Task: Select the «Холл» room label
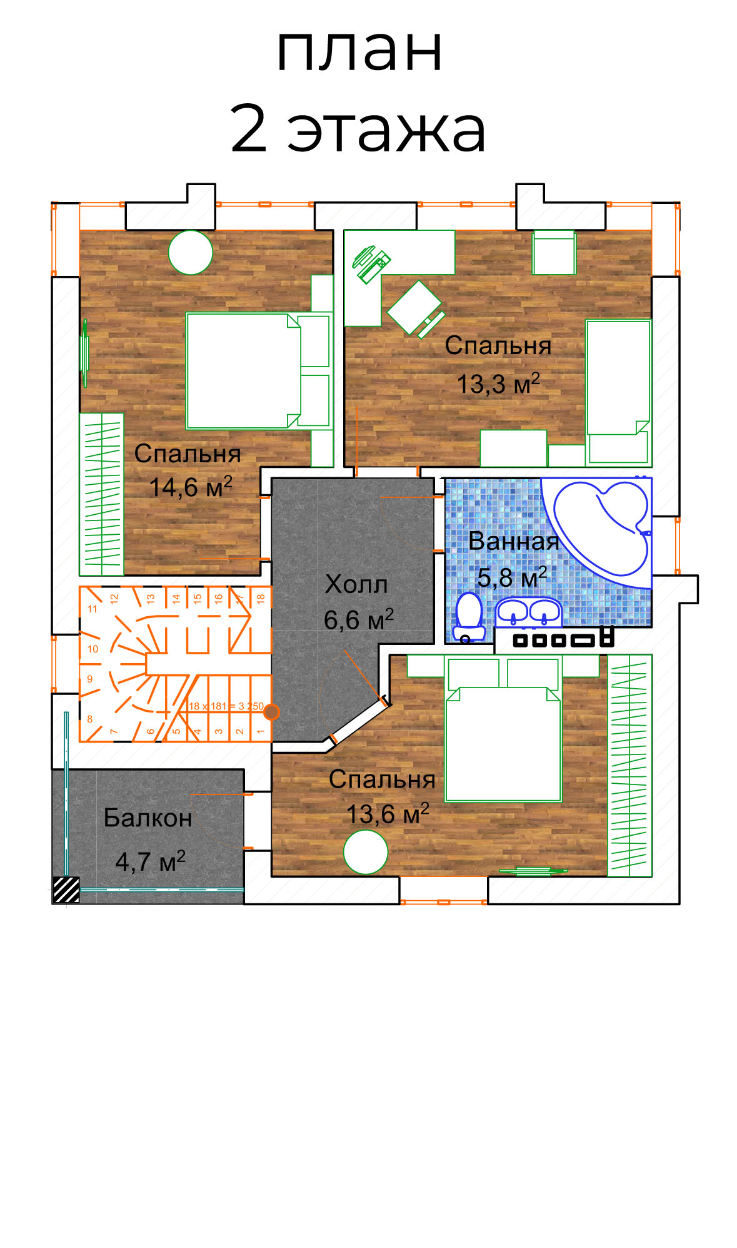(356, 584)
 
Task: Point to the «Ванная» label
(514, 541)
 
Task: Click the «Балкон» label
(148, 818)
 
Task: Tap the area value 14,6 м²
(191, 487)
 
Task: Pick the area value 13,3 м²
(498, 383)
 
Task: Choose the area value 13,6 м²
(388, 813)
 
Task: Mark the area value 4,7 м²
(150, 861)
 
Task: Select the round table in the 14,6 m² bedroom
(191, 252)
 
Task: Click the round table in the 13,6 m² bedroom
(366, 851)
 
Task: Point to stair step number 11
(93, 609)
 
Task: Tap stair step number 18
(261, 597)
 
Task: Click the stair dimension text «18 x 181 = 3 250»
(226, 706)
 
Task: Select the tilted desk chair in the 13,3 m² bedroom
(415, 308)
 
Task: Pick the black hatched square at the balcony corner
(66, 890)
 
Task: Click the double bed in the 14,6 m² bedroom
(258, 371)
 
